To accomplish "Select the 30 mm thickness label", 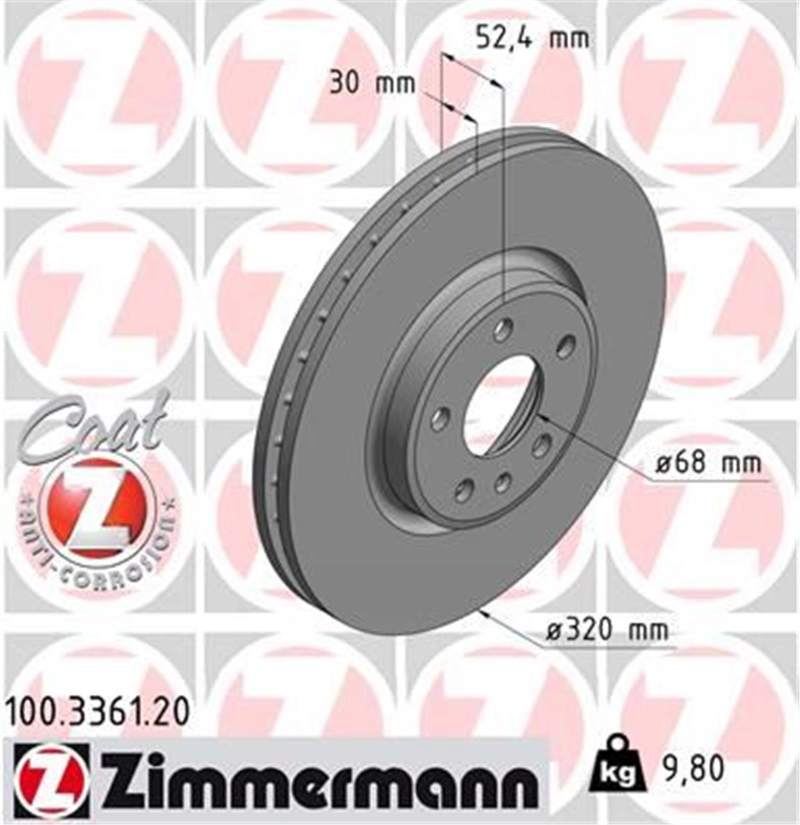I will (372, 83).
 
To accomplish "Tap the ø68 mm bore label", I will (707, 462).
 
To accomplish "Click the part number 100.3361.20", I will (97, 711).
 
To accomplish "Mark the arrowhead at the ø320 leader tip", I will (483, 612).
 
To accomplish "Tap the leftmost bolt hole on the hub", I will (439, 420).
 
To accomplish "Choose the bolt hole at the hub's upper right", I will (566, 347).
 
